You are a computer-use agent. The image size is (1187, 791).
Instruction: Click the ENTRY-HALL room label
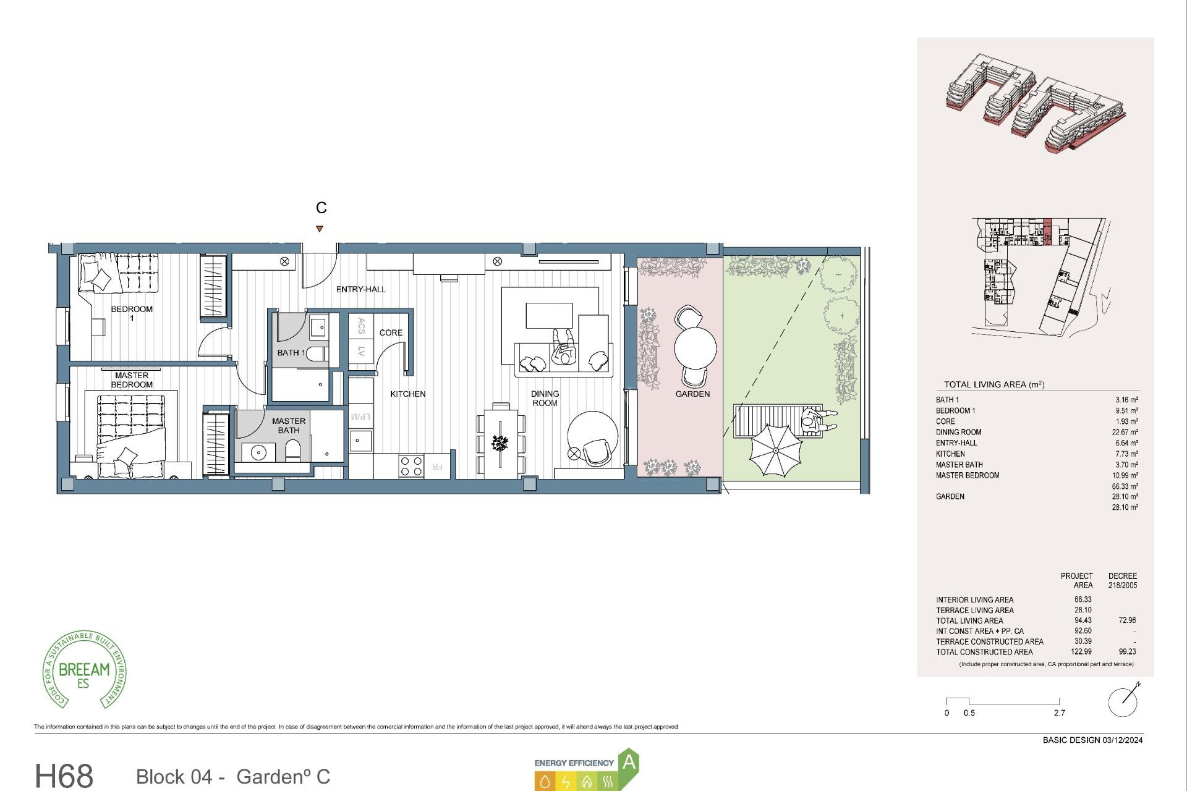click(360, 289)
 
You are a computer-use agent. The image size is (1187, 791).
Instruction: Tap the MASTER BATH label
click(288, 426)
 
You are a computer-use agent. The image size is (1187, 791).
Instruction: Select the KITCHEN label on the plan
click(407, 394)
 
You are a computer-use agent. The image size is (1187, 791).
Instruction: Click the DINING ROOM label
click(545, 399)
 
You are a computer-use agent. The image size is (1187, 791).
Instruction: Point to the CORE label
click(391, 332)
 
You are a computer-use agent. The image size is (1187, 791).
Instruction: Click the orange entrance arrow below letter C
click(320, 229)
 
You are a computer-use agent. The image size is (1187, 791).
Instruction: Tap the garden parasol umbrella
click(775, 449)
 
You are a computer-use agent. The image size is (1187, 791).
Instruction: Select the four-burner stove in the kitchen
click(411, 466)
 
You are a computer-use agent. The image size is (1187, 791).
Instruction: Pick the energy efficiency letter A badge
click(629, 763)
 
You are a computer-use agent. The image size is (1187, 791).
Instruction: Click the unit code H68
click(64, 776)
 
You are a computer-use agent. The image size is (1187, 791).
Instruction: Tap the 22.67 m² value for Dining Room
click(1125, 433)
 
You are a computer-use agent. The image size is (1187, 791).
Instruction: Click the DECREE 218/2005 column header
click(1122, 580)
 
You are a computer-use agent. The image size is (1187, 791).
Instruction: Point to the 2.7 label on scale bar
click(1060, 713)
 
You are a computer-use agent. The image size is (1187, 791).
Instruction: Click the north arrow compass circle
click(1123, 702)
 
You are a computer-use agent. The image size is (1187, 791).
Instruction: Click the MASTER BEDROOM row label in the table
click(967, 476)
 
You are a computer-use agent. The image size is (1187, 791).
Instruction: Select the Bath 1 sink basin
click(318, 328)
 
